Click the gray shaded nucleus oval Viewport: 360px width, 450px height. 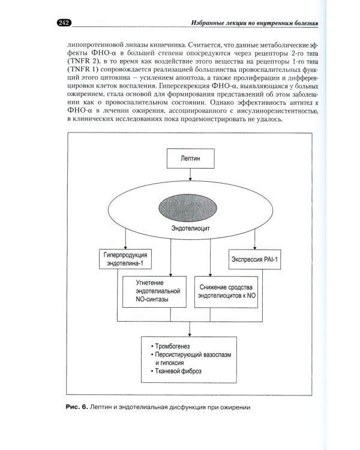pos(191,208)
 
